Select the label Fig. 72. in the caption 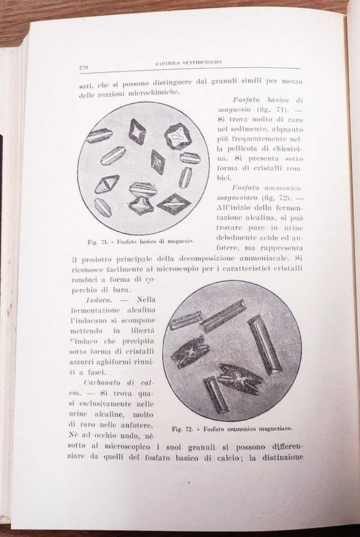click(x=185, y=427)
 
